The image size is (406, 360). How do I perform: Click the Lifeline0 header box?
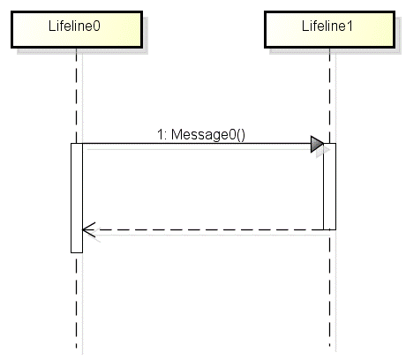pyautogui.click(x=77, y=29)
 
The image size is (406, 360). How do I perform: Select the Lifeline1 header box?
pyautogui.click(x=330, y=29)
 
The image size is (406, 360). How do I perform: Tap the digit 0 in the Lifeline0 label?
pyautogui.click(x=96, y=26)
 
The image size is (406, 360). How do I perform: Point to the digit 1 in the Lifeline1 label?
pyautogui.click(x=350, y=26)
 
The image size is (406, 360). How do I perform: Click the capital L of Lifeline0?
pyautogui.click(x=52, y=26)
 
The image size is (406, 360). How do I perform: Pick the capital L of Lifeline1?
pyautogui.click(x=305, y=26)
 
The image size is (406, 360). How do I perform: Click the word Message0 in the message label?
pyautogui.click(x=204, y=135)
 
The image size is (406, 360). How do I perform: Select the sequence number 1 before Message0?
pyautogui.click(x=160, y=134)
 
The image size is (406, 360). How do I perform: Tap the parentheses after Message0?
pyautogui.click(x=241, y=135)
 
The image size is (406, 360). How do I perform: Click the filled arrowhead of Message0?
pyautogui.click(x=317, y=144)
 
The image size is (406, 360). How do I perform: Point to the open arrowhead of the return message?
pyautogui.click(x=88, y=229)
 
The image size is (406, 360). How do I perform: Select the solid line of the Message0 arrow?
pyautogui.click(x=197, y=144)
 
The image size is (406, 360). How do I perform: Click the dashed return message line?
pyautogui.click(x=203, y=229)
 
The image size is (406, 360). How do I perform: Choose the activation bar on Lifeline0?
pyautogui.click(x=77, y=198)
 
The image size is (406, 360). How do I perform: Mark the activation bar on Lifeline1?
pyautogui.click(x=330, y=186)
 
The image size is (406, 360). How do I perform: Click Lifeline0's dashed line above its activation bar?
pyautogui.click(x=77, y=95)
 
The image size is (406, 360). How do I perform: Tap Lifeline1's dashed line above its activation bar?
pyautogui.click(x=330, y=95)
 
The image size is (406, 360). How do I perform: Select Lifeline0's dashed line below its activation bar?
pyautogui.click(x=77, y=301)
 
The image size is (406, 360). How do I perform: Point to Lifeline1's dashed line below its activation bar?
pyautogui.click(x=330, y=289)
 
